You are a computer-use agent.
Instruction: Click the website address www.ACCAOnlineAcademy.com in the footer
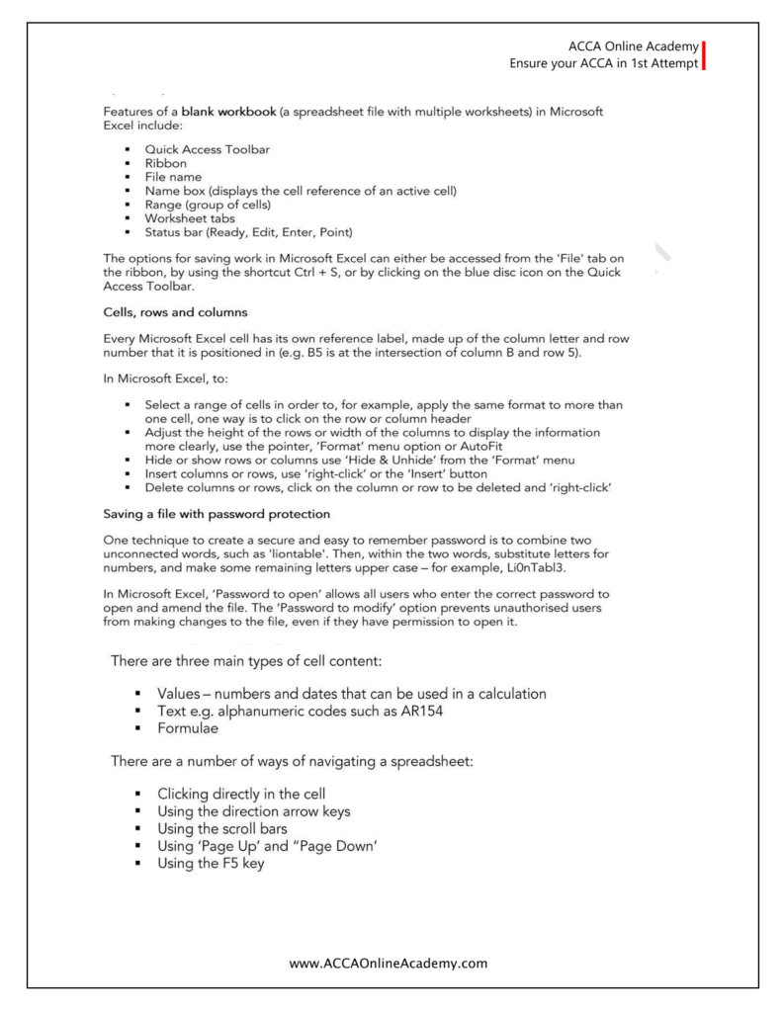click(392, 962)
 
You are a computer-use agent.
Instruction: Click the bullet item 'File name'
click(179, 177)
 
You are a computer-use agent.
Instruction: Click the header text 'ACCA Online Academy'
click(633, 46)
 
